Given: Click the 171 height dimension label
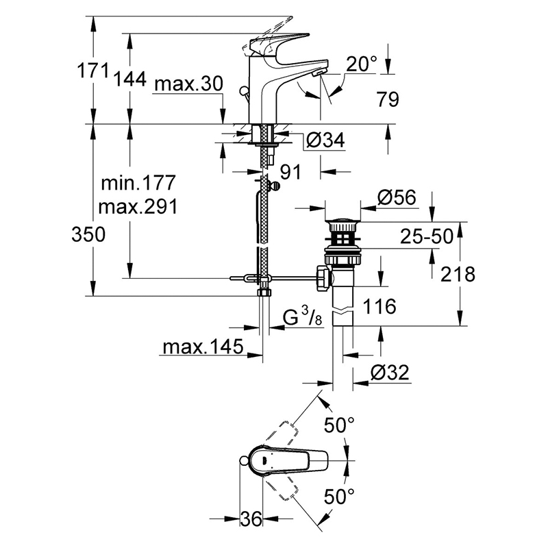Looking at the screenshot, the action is coord(92,71).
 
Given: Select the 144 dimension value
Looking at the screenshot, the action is coord(130,79).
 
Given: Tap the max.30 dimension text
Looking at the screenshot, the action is coord(188,84).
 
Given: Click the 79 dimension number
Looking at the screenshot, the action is coord(388,99).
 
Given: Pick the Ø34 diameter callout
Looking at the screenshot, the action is coord(325,140).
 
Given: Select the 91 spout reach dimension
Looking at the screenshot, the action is coord(290,172).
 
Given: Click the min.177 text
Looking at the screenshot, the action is coord(138,183).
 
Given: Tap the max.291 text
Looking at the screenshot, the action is coord(138,207).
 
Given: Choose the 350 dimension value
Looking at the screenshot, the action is coord(88,234).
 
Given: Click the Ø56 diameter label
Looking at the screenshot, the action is coord(397,197).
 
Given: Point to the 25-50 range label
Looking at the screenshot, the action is coord(426,236).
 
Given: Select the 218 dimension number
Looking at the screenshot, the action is coord(458,274).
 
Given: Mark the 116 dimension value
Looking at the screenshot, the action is coord(379,306).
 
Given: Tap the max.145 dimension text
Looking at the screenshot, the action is coord(203,347).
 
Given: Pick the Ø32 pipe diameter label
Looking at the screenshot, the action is coord(390,373).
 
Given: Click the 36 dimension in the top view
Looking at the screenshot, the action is coord(251,519).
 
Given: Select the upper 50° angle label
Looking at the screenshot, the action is coord(339,425).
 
